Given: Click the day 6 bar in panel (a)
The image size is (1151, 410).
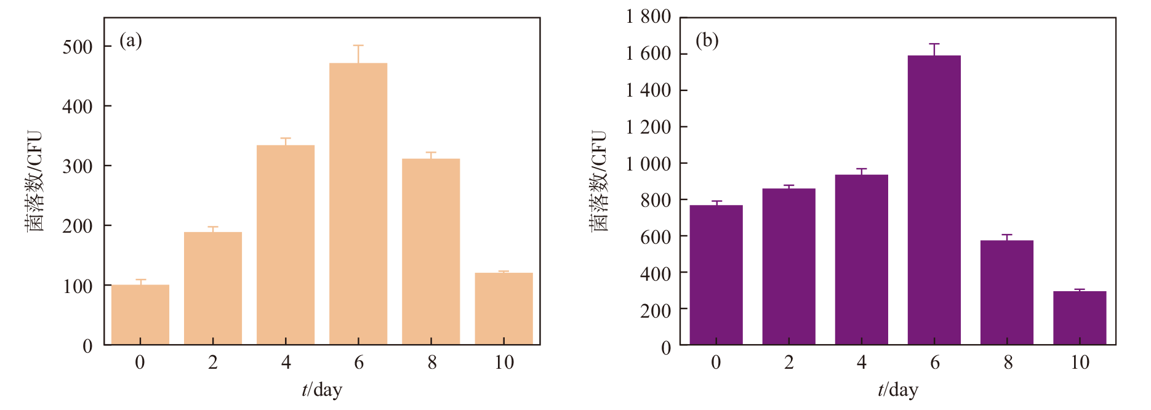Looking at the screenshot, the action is [358, 204].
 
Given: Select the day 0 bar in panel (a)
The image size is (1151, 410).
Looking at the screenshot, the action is [140, 315].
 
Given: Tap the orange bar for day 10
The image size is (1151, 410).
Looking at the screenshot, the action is [503, 308].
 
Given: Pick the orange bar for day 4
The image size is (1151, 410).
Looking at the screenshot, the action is [286, 245].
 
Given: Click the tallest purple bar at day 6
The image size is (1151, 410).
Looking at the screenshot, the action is [934, 200].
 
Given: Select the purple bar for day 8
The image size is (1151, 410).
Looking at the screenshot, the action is [1006, 292].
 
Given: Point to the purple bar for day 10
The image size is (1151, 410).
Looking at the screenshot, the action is [1080, 318].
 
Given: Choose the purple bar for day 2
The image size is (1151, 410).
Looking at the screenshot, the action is [788, 267].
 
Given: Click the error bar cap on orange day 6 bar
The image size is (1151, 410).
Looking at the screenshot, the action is [358, 46].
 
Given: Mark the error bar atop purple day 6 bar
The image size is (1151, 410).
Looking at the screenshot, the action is [934, 49].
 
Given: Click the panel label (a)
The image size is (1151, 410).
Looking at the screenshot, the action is [130, 41].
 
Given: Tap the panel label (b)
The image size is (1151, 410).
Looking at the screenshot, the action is [707, 41].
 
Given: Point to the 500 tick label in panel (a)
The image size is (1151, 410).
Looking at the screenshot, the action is [78, 47].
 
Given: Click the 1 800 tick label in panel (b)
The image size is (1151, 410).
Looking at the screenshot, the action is [649, 17].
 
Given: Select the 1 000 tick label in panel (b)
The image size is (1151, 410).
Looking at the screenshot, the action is [649, 163].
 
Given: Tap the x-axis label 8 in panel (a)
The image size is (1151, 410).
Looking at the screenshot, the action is [432, 363].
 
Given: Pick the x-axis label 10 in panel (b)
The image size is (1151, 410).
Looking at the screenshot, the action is [1080, 363].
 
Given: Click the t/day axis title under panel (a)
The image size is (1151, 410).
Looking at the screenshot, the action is [322, 390].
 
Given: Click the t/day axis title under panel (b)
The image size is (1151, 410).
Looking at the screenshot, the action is [898, 390].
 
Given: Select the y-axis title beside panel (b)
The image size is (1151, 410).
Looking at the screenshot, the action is [599, 180].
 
